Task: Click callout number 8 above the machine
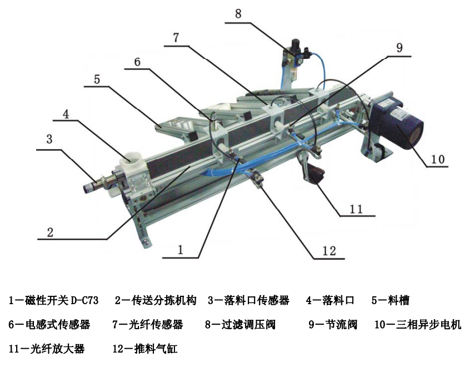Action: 238,13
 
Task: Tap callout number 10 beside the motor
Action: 438,159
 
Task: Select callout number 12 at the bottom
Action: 329,251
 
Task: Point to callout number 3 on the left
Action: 49,139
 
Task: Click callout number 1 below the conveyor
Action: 181,250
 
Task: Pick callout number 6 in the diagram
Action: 137,62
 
